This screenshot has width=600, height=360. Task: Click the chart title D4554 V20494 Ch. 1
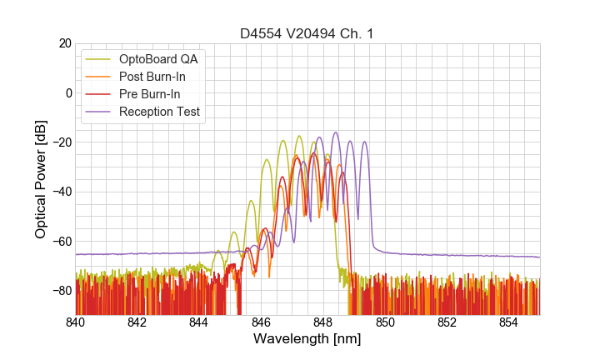307,33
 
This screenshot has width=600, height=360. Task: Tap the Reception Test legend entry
159,112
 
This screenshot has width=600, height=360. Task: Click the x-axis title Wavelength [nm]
307,339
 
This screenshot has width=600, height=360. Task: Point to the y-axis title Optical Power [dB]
41,179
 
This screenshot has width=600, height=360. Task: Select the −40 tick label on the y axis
61,192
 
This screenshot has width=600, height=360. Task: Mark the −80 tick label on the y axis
61,291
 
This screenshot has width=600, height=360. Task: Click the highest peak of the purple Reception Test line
336,132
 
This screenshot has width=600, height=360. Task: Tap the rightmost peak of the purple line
364,142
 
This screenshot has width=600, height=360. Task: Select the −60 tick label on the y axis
61,242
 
